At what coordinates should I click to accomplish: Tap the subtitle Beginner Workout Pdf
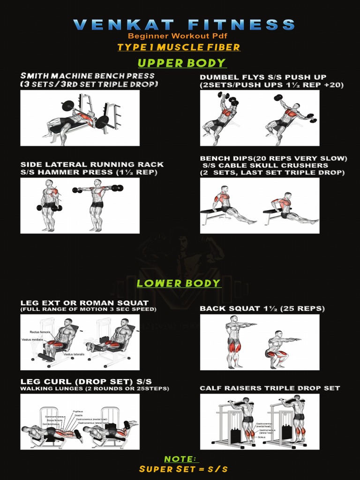pyautogui.click(x=180, y=36)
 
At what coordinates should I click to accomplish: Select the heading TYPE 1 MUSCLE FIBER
pyautogui.click(x=179, y=47)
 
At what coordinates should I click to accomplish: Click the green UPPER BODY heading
pyautogui.click(x=181, y=63)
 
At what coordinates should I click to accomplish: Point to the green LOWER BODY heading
pyautogui.click(x=178, y=283)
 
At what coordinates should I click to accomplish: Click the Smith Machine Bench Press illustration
pyautogui.click(x=80, y=118)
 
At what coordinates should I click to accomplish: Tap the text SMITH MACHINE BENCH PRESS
pyautogui.click(x=87, y=76)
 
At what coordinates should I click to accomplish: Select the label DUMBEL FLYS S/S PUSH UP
pyautogui.click(x=263, y=77)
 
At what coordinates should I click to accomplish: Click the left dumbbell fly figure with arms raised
pyautogui.click(x=223, y=117)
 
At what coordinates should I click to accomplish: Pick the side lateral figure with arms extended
pyautogui.click(x=97, y=204)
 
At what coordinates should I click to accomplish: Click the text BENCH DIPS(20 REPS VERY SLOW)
pyautogui.click(x=274, y=158)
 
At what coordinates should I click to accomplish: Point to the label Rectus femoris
pyautogui.click(x=39, y=332)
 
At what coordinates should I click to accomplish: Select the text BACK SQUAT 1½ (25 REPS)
pyautogui.click(x=262, y=308)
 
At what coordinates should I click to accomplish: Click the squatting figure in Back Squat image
pyautogui.click(x=278, y=349)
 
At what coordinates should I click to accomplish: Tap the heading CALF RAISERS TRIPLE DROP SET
pyautogui.click(x=270, y=388)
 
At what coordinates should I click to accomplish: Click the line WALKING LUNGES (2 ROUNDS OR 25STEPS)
pyautogui.click(x=94, y=389)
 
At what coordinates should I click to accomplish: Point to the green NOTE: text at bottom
pyautogui.click(x=181, y=458)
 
